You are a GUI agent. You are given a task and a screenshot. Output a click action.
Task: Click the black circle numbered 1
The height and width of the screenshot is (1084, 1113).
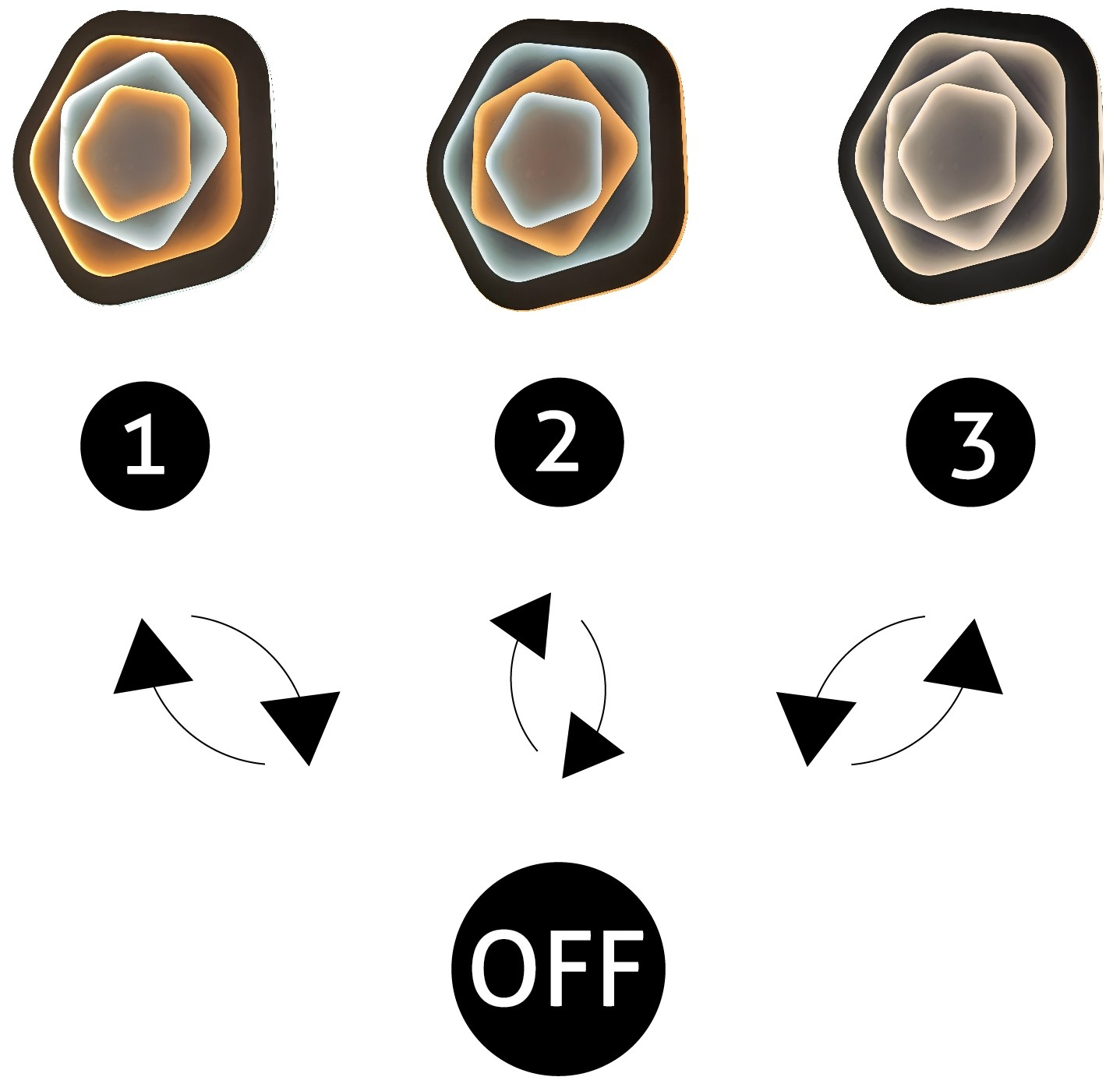tap(145, 446)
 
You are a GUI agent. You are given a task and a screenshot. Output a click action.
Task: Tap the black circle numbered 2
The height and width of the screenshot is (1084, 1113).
tap(559, 442)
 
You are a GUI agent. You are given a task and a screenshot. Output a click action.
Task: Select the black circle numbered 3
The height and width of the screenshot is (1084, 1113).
tap(970, 442)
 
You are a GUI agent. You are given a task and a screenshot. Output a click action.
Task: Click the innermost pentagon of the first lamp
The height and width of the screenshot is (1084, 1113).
tap(132, 154)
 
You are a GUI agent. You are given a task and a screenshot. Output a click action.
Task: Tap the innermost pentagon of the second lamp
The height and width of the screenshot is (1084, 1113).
tap(544, 160)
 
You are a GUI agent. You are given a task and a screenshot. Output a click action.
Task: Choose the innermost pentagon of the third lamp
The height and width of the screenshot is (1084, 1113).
tap(957, 152)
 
